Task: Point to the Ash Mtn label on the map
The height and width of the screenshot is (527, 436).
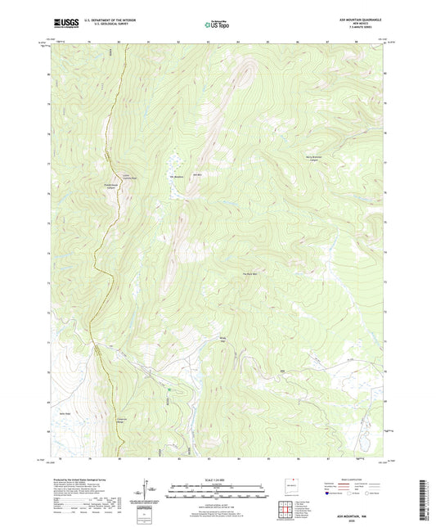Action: point(196,173)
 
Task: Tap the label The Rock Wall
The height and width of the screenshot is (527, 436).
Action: point(249,273)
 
